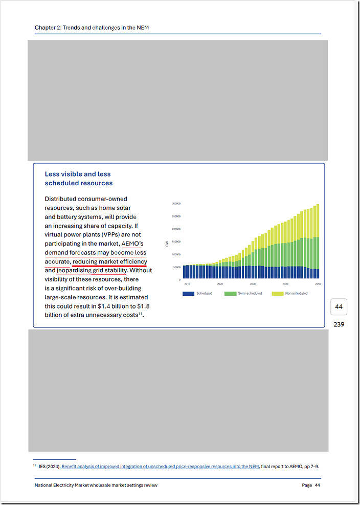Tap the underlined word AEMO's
coord(133,244)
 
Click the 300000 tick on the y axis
coord(176,203)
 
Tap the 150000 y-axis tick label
coord(176,241)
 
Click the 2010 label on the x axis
coord(187,283)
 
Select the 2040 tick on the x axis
coord(285,283)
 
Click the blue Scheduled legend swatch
coord(188,294)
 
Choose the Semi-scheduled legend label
coord(250,294)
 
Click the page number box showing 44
coord(339,307)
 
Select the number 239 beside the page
coord(339,324)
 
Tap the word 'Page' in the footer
coord(306,485)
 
